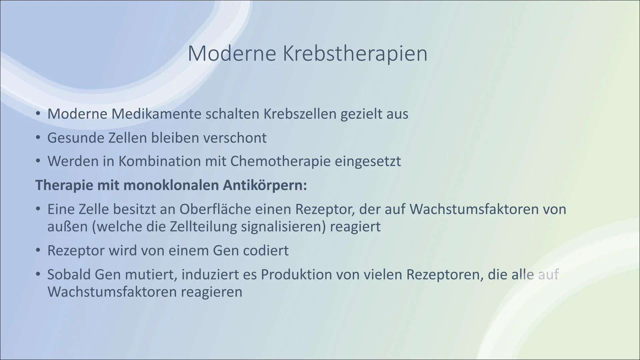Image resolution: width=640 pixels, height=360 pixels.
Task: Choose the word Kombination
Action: (x=159, y=161)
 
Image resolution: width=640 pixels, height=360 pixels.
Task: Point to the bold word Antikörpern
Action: (x=265, y=185)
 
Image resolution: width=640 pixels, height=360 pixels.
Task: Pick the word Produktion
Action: (x=295, y=275)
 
